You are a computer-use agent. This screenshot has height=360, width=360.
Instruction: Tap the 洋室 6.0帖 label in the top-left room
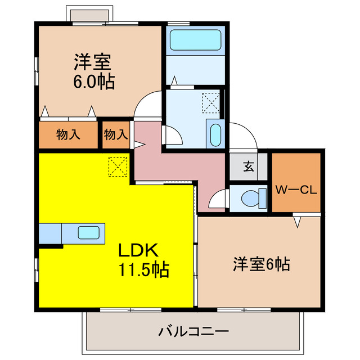[x=93, y=71]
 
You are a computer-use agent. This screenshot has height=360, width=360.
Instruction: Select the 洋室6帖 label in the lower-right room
[x=261, y=264]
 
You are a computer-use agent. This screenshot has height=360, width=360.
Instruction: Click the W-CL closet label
[x=296, y=190]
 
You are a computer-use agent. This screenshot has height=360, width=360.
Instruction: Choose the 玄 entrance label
[x=247, y=166]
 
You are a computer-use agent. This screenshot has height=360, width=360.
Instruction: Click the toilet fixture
[x=251, y=197]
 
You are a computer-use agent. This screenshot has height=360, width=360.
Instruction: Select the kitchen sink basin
[x=89, y=232]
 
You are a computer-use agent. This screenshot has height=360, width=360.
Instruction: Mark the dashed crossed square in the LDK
[x=118, y=166]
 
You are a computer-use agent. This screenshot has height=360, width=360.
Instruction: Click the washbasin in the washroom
[x=214, y=134]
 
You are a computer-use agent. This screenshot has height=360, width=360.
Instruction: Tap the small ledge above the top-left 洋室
[x=87, y=13]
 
